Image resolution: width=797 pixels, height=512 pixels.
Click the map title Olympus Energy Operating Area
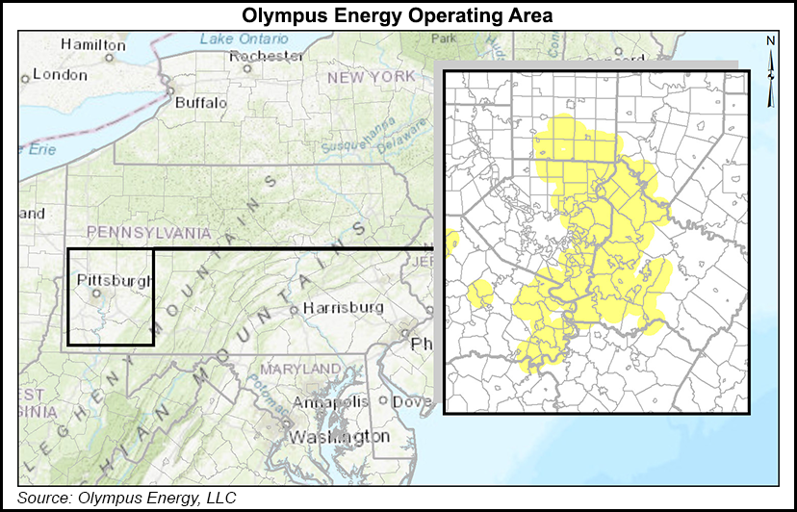tap(398, 15)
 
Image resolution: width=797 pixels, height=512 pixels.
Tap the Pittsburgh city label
tap(114, 280)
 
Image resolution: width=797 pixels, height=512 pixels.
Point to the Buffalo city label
tap(200, 102)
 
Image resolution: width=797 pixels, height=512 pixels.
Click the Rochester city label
tap(267, 56)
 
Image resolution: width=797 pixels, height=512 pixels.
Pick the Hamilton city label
tap(92, 44)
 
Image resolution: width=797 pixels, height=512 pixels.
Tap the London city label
tap(60, 74)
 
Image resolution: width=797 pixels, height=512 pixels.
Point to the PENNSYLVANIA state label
tap(147, 232)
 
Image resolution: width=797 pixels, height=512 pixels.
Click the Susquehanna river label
tap(370, 137)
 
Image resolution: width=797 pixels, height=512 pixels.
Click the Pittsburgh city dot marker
tap(96, 294)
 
